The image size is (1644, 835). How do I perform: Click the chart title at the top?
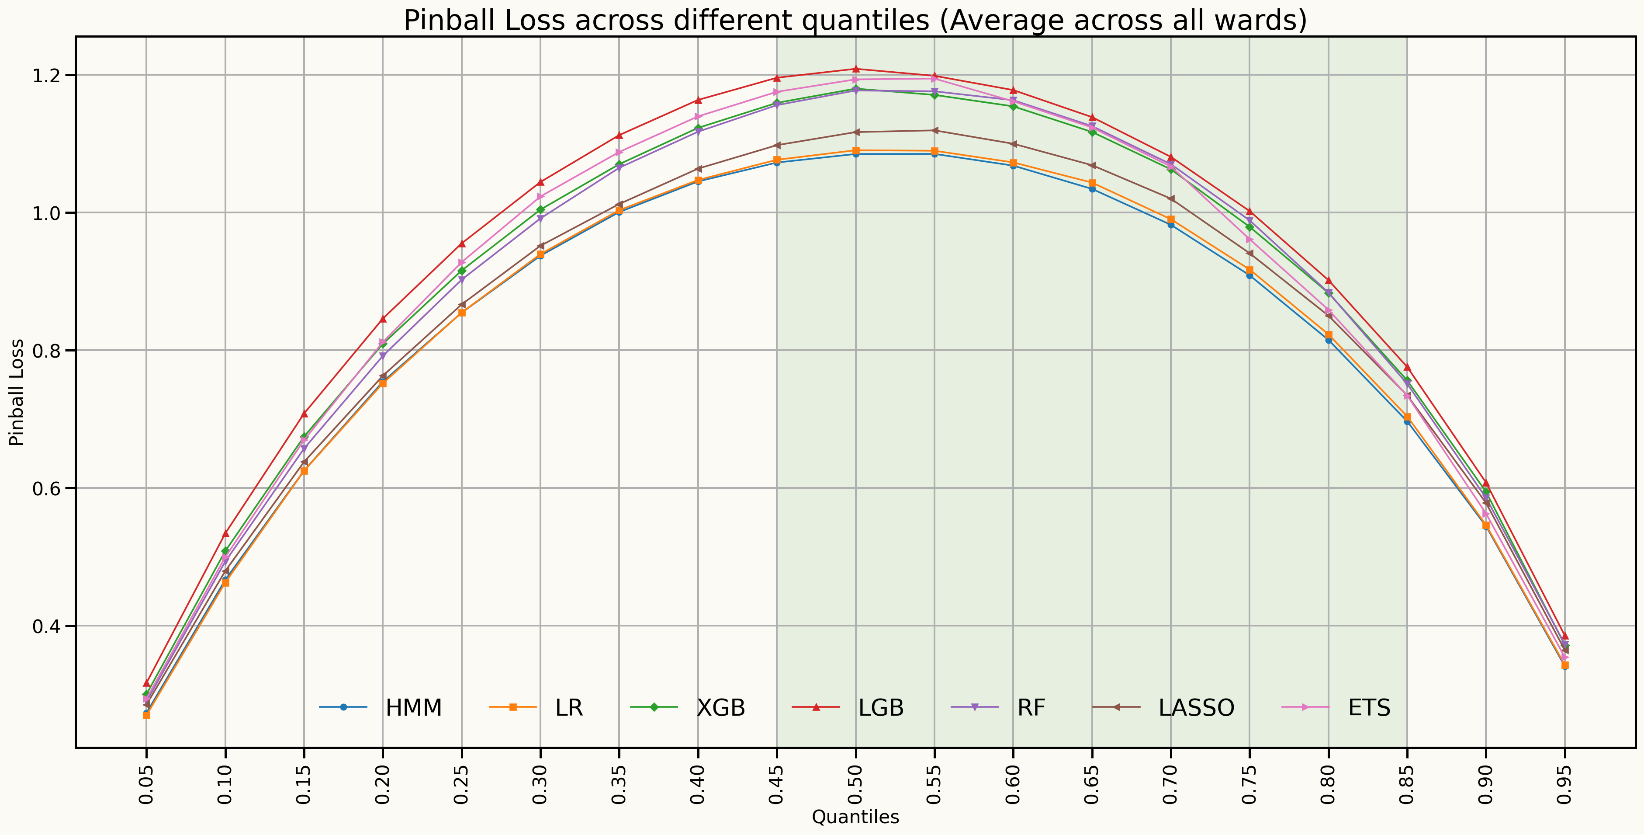[855, 21]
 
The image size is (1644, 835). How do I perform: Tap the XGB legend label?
[720, 707]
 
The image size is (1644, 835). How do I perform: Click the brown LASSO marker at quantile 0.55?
[934, 131]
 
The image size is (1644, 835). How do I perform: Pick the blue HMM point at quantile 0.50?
[856, 154]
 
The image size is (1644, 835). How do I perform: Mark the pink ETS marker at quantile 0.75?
[1249, 240]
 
